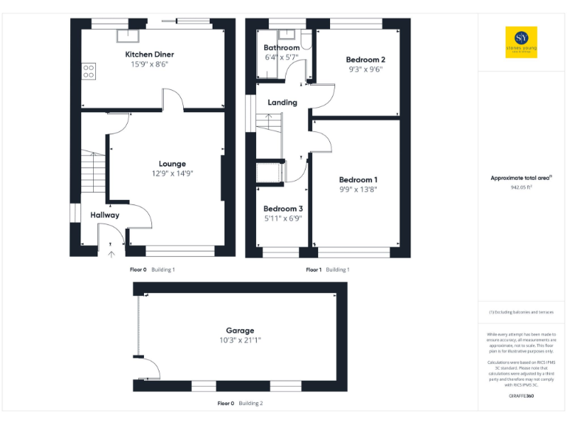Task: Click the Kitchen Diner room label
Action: click(x=149, y=55)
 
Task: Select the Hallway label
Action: click(x=105, y=215)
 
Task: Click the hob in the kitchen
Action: click(x=89, y=72)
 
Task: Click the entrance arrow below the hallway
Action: click(x=111, y=254)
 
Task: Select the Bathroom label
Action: click(x=282, y=48)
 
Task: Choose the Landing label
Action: click(x=282, y=103)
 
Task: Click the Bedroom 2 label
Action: click(x=365, y=59)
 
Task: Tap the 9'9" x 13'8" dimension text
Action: click(x=358, y=190)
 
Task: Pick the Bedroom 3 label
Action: click(x=283, y=209)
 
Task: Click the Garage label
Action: click(x=240, y=331)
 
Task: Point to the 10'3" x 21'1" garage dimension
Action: click(x=240, y=340)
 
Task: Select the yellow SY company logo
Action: click(x=521, y=41)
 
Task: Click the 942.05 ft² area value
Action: click(x=521, y=187)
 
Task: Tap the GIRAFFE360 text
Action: click(x=521, y=396)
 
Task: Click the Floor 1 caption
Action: click(x=315, y=270)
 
